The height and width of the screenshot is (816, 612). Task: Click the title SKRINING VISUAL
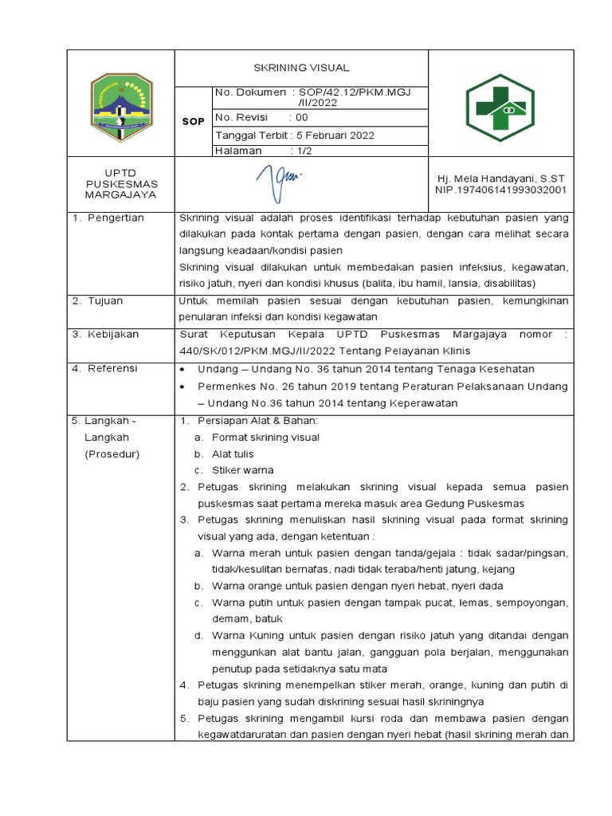click(x=301, y=68)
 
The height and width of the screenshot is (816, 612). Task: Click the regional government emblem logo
click(x=120, y=102)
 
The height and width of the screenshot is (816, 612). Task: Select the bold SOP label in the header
click(x=194, y=120)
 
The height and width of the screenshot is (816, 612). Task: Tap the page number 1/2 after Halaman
click(x=302, y=151)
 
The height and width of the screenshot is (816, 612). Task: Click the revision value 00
click(x=302, y=117)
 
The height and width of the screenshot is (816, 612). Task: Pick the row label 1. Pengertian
click(x=108, y=218)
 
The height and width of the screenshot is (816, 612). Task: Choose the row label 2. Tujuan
click(x=98, y=301)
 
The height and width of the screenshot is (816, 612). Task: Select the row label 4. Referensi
click(x=104, y=368)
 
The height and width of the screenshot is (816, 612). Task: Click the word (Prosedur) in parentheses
click(x=112, y=454)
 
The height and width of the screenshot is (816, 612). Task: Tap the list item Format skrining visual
click(x=265, y=437)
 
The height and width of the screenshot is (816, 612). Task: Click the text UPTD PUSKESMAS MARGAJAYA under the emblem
click(x=121, y=184)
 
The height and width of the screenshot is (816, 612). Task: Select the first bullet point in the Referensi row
click(x=183, y=369)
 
